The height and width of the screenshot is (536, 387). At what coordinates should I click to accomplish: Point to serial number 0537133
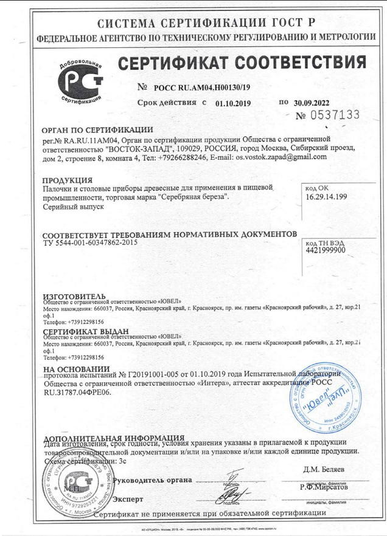[336, 115]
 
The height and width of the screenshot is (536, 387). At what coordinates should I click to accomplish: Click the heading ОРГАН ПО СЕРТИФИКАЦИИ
[97, 129]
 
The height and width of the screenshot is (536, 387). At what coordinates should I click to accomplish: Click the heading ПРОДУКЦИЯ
[68, 180]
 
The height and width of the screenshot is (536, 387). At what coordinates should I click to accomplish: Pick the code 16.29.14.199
[326, 196]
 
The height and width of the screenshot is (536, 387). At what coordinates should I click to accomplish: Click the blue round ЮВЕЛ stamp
[322, 397]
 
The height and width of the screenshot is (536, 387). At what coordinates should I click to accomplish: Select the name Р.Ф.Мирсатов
[324, 487]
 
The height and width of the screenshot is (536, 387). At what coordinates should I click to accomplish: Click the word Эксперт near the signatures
[128, 500]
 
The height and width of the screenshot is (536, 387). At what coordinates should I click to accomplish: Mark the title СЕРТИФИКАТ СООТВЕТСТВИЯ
[242, 63]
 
